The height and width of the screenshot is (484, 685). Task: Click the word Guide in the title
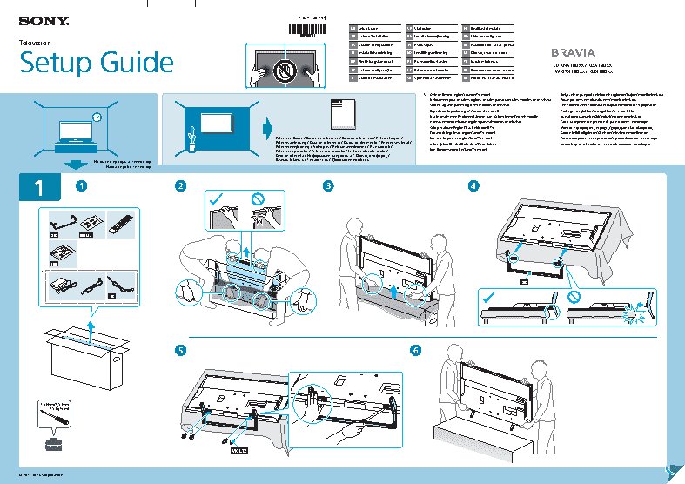131,63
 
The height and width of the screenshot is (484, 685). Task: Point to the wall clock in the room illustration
96,117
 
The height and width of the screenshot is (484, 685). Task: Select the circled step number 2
180,185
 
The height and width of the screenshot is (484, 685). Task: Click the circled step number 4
473,185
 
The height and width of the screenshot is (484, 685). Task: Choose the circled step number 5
180,350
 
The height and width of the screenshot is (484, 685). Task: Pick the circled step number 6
415,350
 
